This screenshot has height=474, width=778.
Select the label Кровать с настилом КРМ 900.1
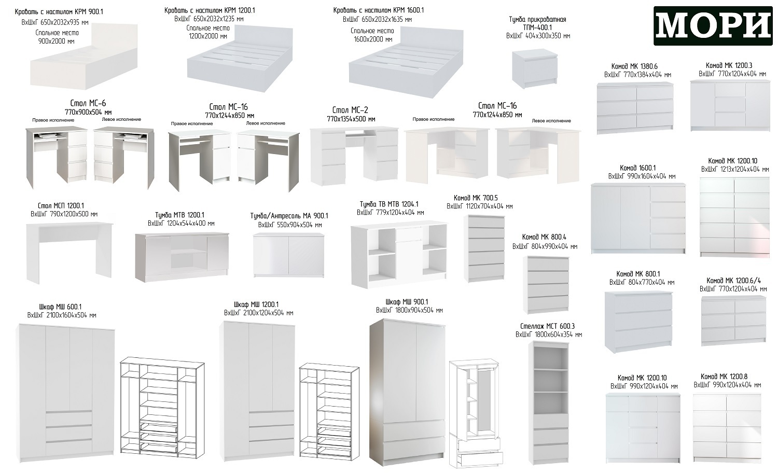click(x=59, y=12)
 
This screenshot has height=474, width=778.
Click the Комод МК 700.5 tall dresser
click(x=484, y=248)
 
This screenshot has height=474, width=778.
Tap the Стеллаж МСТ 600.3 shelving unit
click(x=549, y=403)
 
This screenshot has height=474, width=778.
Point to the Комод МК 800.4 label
click(x=544, y=237)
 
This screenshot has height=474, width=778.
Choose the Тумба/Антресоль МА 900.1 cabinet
click(x=288, y=255)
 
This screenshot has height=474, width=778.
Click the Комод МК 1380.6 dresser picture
click(x=635, y=108)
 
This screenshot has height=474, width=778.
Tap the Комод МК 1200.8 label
click(x=724, y=377)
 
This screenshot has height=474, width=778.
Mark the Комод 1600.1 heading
click(x=637, y=168)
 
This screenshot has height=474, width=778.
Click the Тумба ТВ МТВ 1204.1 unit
click(x=399, y=255)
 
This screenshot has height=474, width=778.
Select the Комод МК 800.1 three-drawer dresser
click(x=638, y=322)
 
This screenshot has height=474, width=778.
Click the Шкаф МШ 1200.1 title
click(x=256, y=304)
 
